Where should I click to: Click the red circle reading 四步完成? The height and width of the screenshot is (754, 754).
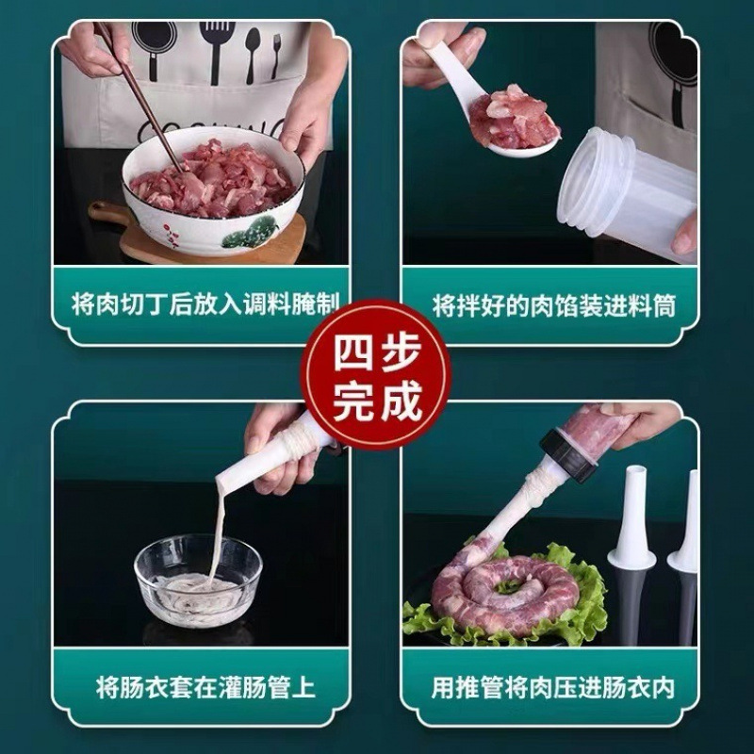coord(377,375)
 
